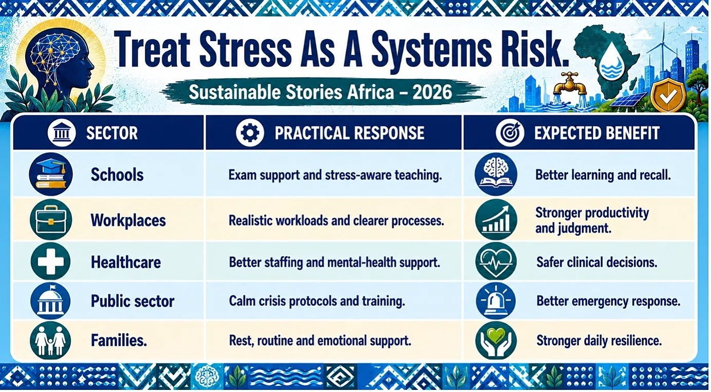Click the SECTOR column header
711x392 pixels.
point(112,133)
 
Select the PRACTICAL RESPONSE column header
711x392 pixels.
point(349,133)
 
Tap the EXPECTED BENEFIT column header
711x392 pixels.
point(597,133)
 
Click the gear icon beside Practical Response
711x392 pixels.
point(250,133)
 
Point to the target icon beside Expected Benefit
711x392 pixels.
point(510,133)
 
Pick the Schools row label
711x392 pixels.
point(117,175)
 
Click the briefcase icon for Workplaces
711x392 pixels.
point(51,219)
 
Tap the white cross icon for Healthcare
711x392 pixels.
point(51,262)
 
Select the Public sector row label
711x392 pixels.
point(133,301)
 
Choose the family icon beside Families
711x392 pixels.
point(51,341)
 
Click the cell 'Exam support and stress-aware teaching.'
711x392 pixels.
point(335,175)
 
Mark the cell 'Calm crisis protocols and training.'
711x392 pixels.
point(317,301)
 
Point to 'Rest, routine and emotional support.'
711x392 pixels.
point(320,341)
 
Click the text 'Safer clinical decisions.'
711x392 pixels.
point(597,262)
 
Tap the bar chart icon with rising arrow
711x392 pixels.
point(496,219)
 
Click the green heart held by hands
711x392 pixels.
point(496,335)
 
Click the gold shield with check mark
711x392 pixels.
point(668,95)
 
